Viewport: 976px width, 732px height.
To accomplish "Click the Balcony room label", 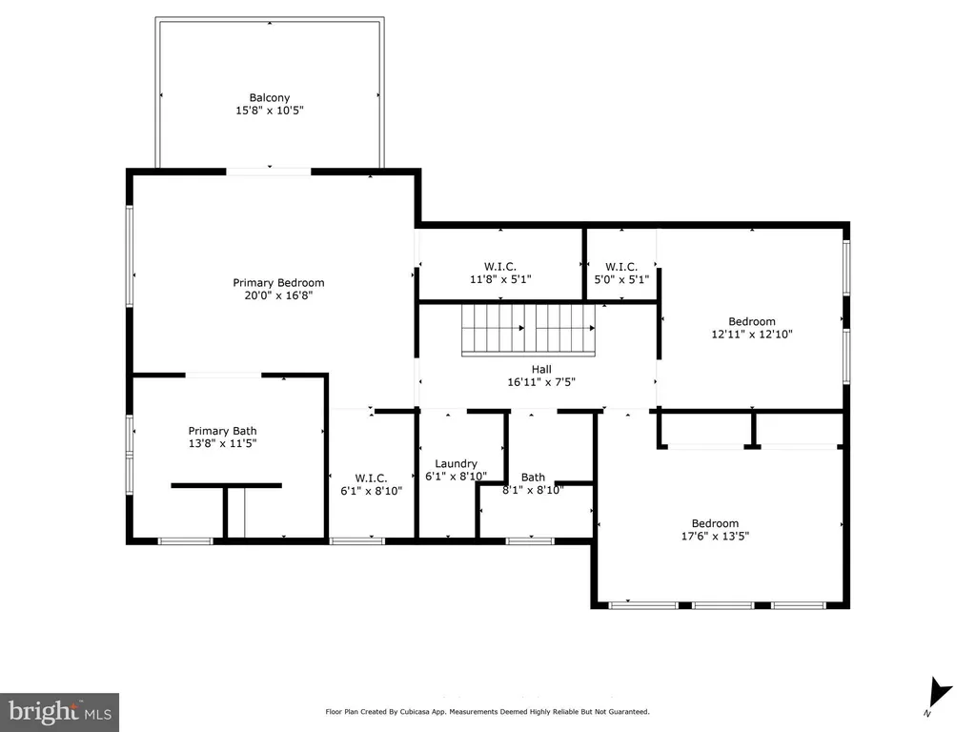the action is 270,98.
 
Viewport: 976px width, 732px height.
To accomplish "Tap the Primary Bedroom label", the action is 278,282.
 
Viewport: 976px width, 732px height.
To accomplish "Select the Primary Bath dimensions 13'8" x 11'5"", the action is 222,443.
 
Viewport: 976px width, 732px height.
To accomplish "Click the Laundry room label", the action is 456,464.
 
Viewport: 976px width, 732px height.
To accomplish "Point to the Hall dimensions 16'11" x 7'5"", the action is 541,382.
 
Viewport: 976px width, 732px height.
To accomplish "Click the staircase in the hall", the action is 528,330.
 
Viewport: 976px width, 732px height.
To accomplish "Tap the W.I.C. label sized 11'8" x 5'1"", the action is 500,267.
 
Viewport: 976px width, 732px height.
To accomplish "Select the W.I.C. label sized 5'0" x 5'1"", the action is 621,267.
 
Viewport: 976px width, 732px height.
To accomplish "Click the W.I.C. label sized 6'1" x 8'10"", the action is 371,478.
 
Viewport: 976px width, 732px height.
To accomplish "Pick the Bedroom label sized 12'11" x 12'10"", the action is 752,322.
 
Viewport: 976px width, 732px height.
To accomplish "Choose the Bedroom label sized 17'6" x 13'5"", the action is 715,523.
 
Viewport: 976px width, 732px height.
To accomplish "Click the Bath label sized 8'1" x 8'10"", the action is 533,478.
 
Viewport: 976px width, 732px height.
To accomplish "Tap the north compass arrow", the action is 939,694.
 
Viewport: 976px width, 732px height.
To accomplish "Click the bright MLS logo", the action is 59,712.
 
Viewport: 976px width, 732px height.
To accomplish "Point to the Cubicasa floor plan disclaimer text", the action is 487,711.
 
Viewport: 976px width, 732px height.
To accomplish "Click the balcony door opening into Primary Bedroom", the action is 268,172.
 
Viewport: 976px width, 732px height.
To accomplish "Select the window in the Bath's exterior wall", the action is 530,541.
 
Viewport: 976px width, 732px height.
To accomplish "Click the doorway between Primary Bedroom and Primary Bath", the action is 223,375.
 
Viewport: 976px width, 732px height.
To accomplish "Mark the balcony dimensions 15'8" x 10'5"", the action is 270,111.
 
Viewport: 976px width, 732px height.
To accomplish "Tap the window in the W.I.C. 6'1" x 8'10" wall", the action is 356,541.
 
